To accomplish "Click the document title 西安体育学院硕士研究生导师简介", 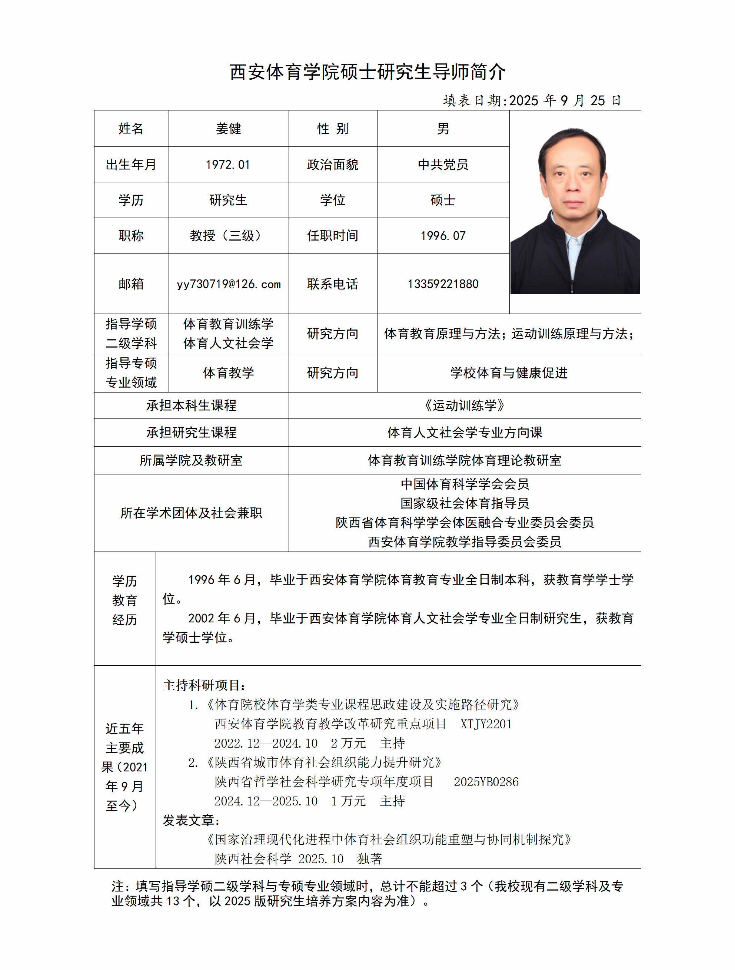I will (367, 72).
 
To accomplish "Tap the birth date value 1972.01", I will (228, 165).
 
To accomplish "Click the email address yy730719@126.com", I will (228, 284).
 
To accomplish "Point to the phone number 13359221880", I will (443, 284).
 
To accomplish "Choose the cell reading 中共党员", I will (443, 165).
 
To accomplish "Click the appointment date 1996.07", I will (443, 236).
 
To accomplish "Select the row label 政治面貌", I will (332, 165).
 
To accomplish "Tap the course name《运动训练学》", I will (465, 405).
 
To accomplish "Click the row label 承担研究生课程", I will (191, 433).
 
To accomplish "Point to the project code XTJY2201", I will (486, 724).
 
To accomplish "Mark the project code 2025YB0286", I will (486, 782).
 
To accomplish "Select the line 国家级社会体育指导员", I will (465, 503).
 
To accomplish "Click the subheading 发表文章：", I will (192, 821).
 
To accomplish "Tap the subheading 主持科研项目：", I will (204, 685).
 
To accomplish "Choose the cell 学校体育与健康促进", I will (509, 373).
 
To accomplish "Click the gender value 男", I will (443, 129).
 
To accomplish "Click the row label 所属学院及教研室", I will (191, 460).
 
